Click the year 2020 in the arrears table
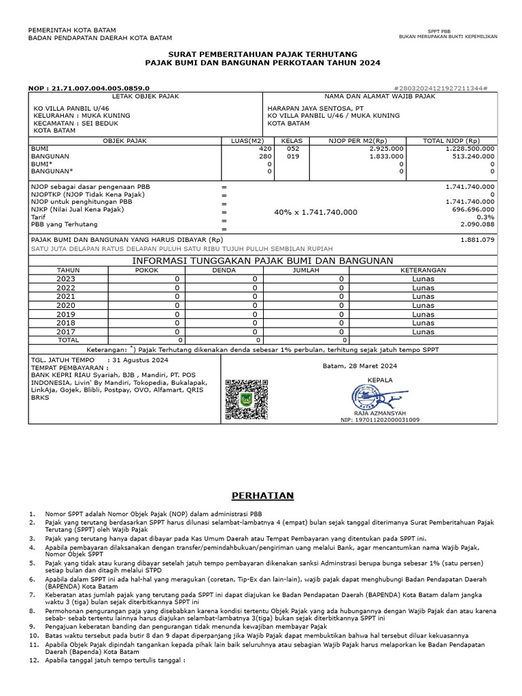pos(66,305)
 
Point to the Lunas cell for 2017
pos(423,332)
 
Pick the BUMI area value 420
pos(265,148)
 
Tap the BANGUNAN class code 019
pos(292,156)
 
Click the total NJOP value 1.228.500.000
pos(470,148)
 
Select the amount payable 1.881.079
pos(478,240)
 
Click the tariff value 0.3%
pos(485,217)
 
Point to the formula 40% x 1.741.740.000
pos(315,213)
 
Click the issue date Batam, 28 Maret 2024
pos(359,366)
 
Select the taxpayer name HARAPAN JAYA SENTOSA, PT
pos(315,108)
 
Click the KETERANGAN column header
pos(423,270)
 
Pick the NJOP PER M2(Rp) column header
pos(356,141)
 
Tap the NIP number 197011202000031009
pos(380,420)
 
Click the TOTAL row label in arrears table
pos(69,339)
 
